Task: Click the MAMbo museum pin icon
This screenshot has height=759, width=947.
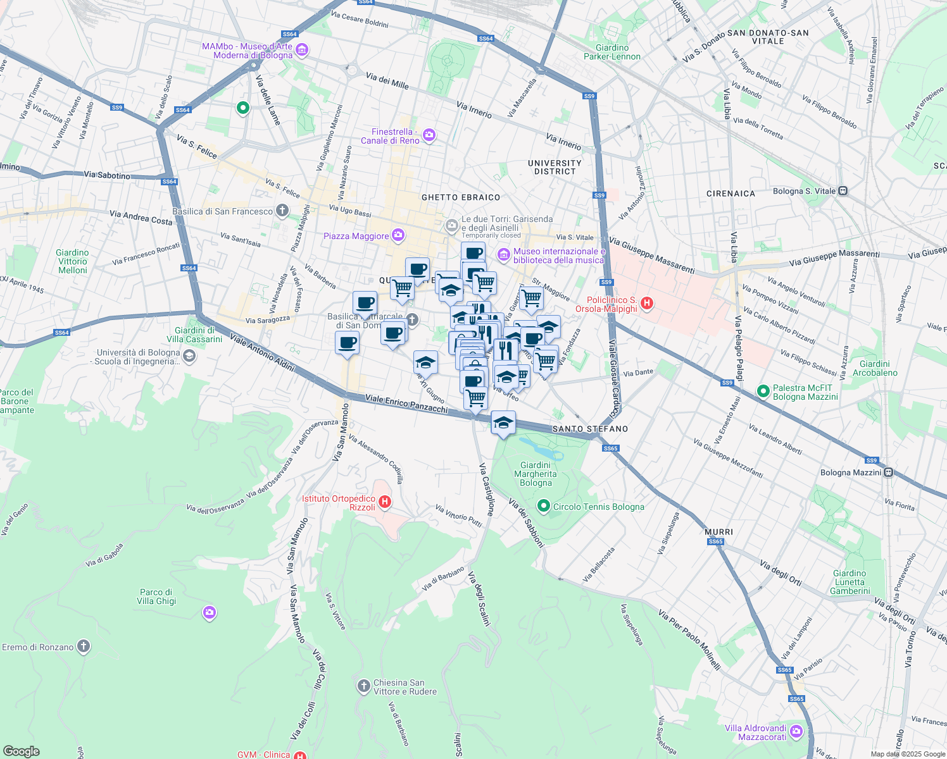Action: click(x=302, y=50)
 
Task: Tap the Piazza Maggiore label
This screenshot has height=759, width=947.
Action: click(x=356, y=236)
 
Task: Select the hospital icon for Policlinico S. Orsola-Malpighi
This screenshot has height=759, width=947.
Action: click(x=646, y=304)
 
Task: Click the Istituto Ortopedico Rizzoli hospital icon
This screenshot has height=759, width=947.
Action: click(x=384, y=502)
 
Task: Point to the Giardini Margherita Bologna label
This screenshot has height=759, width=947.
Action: click(x=536, y=474)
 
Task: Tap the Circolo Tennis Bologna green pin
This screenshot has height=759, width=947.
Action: click(x=543, y=506)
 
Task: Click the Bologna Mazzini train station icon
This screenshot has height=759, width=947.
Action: click(x=888, y=472)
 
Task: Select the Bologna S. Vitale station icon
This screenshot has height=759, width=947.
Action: click(x=843, y=190)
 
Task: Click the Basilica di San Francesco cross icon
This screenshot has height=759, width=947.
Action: click(x=282, y=211)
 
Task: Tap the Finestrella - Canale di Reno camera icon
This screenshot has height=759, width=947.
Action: click(x=429, y=135)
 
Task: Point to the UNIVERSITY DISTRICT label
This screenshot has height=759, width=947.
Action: click(x=555, y=167)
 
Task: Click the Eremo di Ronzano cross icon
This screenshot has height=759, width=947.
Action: click(x=83, y=646)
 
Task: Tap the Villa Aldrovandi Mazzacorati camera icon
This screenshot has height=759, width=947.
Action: click(x=796, y=732)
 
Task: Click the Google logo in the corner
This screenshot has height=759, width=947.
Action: click(x=21, y=751)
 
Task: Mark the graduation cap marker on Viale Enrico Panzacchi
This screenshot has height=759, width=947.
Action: click(x=503, y=423)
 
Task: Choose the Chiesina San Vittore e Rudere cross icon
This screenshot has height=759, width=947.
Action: click(x=363, y=686)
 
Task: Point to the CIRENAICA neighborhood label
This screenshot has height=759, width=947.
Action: click(x=731, y=194)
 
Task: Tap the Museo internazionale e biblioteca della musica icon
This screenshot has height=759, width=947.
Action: click(x=504, y=255)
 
